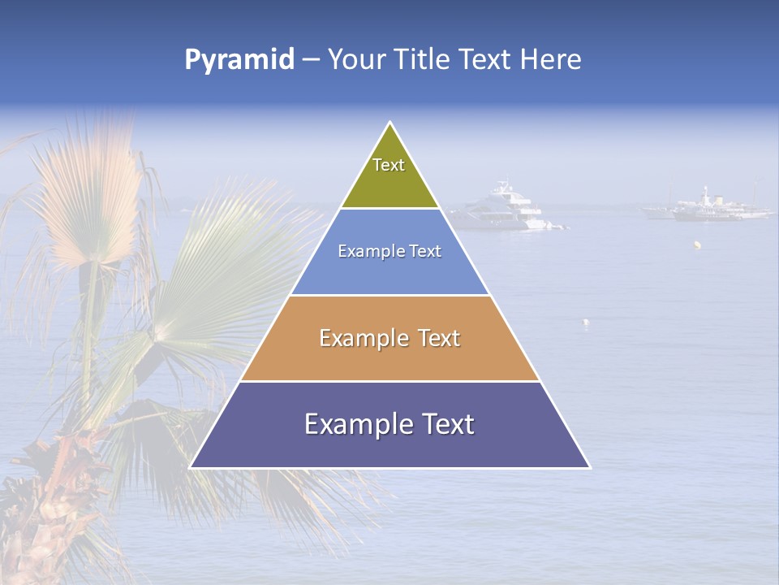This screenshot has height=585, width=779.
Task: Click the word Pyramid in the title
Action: [x=239, y=60]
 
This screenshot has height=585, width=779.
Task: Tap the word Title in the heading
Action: [x=428, y=60]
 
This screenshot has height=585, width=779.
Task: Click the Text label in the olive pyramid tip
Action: [x=389, y=165]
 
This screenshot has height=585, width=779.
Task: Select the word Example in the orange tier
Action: [x=358, y=338]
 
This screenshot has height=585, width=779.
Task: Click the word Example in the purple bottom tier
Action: [x=352, y=424]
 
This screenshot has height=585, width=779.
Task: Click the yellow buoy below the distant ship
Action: [x=696, y=244]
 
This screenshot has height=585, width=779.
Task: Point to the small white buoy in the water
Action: [x=585, y=322]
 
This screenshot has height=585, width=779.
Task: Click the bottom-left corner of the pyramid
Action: [x=190, y=467]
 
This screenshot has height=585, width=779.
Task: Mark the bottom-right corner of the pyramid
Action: [x=590, y=467]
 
